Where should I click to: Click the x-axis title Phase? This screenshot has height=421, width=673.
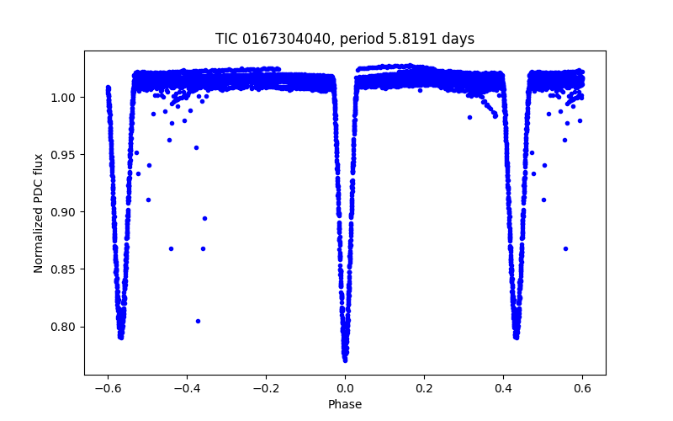click(x=345, y=404)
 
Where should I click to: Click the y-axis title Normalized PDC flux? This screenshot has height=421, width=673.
click(x=39, y=212)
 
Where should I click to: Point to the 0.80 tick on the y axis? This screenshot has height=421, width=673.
click(x=66, y=327)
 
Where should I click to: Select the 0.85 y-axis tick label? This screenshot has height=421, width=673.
click(x=66, y=269)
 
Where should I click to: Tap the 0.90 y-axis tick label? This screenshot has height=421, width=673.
click(x=66, y=212)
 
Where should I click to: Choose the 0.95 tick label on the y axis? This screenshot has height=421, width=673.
click(x=66, y=155)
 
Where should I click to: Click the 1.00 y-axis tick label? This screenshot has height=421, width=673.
click(x=66, y=98)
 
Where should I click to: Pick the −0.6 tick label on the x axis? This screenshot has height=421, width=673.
click(x=108, y=388)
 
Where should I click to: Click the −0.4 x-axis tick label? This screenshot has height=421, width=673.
click(x=187, y=388)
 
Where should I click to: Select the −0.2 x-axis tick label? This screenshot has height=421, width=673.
click(x=266, y=388)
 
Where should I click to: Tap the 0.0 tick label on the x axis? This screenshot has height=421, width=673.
click(x=345, y=388)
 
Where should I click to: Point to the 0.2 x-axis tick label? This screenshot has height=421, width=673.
click(x=424, y=388)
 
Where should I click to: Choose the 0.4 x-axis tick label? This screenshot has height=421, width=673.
click(x=503, y=388)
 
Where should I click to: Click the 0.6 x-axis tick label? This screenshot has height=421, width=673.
click(x=582, y=388)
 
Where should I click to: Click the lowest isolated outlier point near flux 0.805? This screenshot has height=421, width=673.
click(x=198, y=321)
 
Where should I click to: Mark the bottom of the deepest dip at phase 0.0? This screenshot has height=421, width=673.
click(x=345, y=360)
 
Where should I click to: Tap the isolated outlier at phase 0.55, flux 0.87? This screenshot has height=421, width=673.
click(x=565, y=248)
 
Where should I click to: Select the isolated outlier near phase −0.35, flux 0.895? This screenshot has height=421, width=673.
click(x=204, y=218)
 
